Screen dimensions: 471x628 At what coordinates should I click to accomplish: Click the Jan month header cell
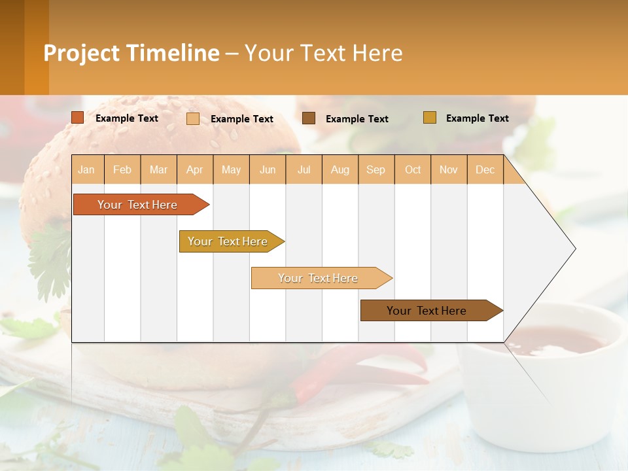(x=87, y=169)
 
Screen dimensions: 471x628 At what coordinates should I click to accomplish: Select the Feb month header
(x=122, y=169)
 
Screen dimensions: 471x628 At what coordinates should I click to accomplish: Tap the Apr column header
(x=195, y=169)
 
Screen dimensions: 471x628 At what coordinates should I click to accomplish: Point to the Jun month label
(x=268, y=169)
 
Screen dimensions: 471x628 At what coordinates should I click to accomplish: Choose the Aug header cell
(x=340, y=169)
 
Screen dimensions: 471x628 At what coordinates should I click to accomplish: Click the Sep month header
(x=376, y=169)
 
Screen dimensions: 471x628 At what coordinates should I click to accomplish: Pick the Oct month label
(x=413, y=169)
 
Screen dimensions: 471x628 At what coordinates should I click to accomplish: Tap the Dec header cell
(x=485, y=169)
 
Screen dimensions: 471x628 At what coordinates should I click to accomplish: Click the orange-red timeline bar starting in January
(x=138, y=205)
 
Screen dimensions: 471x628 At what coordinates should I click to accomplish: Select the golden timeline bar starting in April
(x=228, y=241)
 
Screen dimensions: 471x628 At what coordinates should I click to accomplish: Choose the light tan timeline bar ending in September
(x=319, y=278)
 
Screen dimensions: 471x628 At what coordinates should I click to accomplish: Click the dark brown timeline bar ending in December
(x=427, y=311)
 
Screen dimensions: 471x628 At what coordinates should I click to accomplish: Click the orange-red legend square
(x=78, y=118)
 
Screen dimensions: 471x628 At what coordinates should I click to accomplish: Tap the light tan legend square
(x=193, y=118)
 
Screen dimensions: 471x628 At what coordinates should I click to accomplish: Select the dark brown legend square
(x=309, y=118)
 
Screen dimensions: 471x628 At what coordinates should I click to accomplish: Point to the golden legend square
(x=430, y=118)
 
